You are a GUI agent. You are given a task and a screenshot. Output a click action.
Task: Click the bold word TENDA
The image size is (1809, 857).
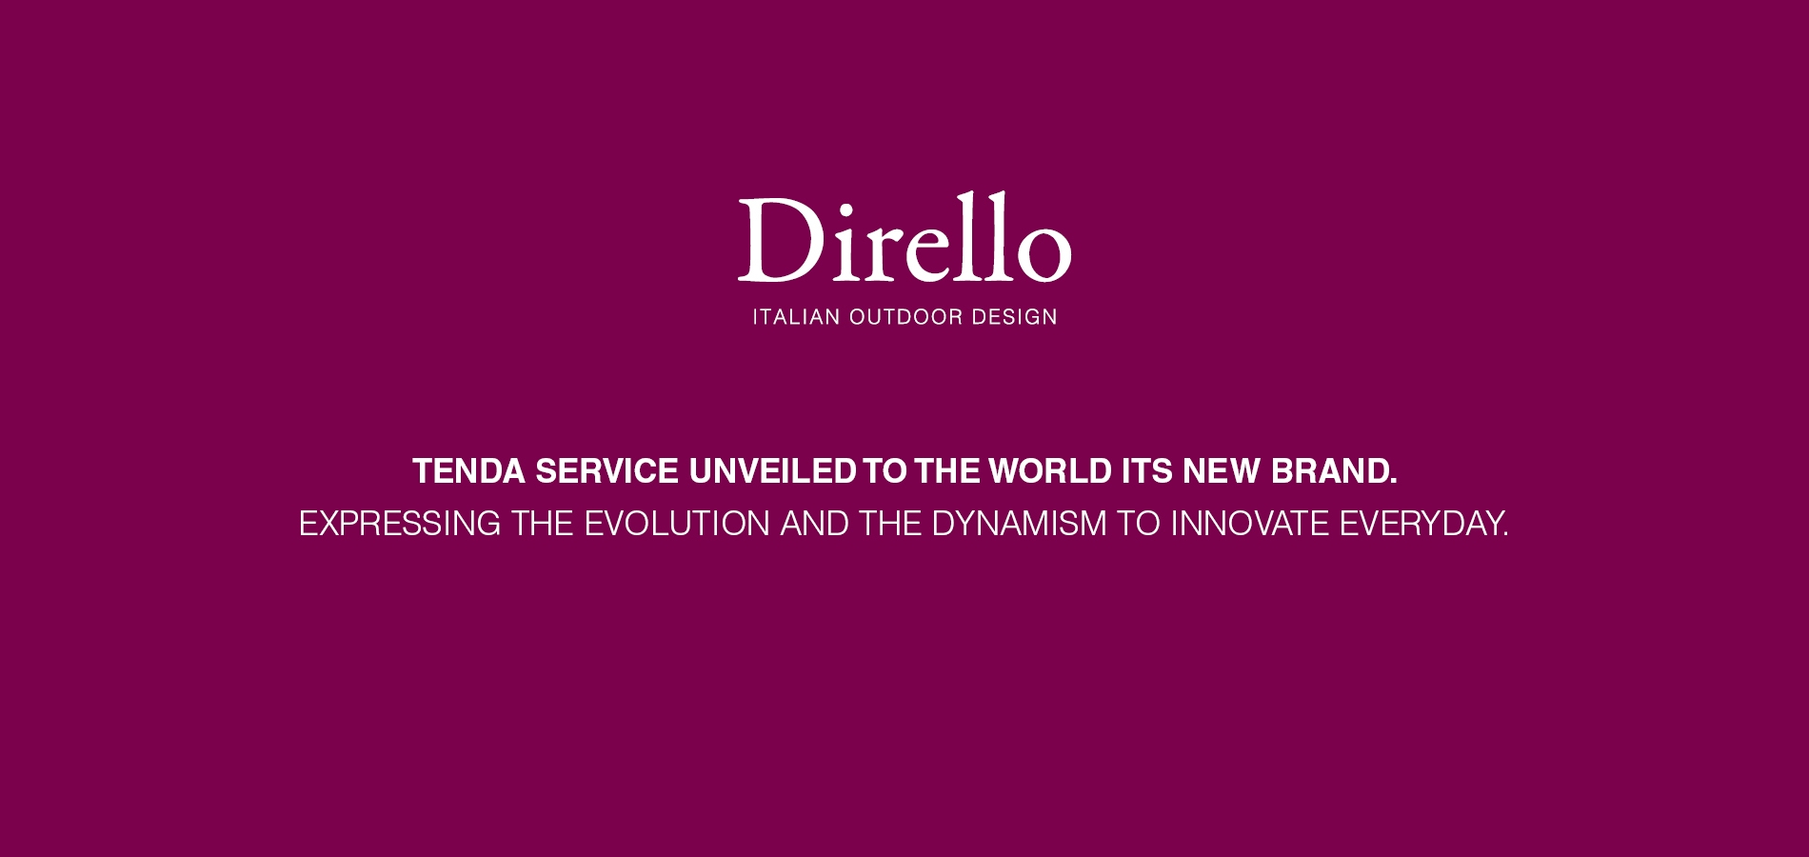click(468, 471)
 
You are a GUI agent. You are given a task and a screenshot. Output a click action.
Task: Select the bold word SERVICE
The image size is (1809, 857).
click(607, 471)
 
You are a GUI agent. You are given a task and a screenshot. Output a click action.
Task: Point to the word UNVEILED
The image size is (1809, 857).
click(772, 471)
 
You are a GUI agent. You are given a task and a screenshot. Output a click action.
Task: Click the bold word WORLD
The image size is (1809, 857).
click(1050, 471)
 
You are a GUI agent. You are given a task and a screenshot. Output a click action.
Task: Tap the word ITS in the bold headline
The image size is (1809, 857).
click(1146, 471)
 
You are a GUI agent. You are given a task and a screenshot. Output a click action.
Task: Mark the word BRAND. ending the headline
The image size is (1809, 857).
click(1334, 471)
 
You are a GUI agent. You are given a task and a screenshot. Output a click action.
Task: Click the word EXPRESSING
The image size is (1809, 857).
click(400, 524)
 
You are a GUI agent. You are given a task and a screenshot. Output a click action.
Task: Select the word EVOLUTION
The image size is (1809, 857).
click(677, 524)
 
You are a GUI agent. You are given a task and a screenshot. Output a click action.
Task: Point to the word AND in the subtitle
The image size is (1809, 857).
click(815, 524)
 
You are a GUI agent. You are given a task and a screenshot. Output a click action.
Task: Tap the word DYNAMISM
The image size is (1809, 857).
click(1019, 524)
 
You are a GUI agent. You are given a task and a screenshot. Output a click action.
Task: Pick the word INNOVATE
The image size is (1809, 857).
click(1249, 524)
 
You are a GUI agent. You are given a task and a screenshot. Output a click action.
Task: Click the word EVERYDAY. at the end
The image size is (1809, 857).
click(1424, 524)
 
